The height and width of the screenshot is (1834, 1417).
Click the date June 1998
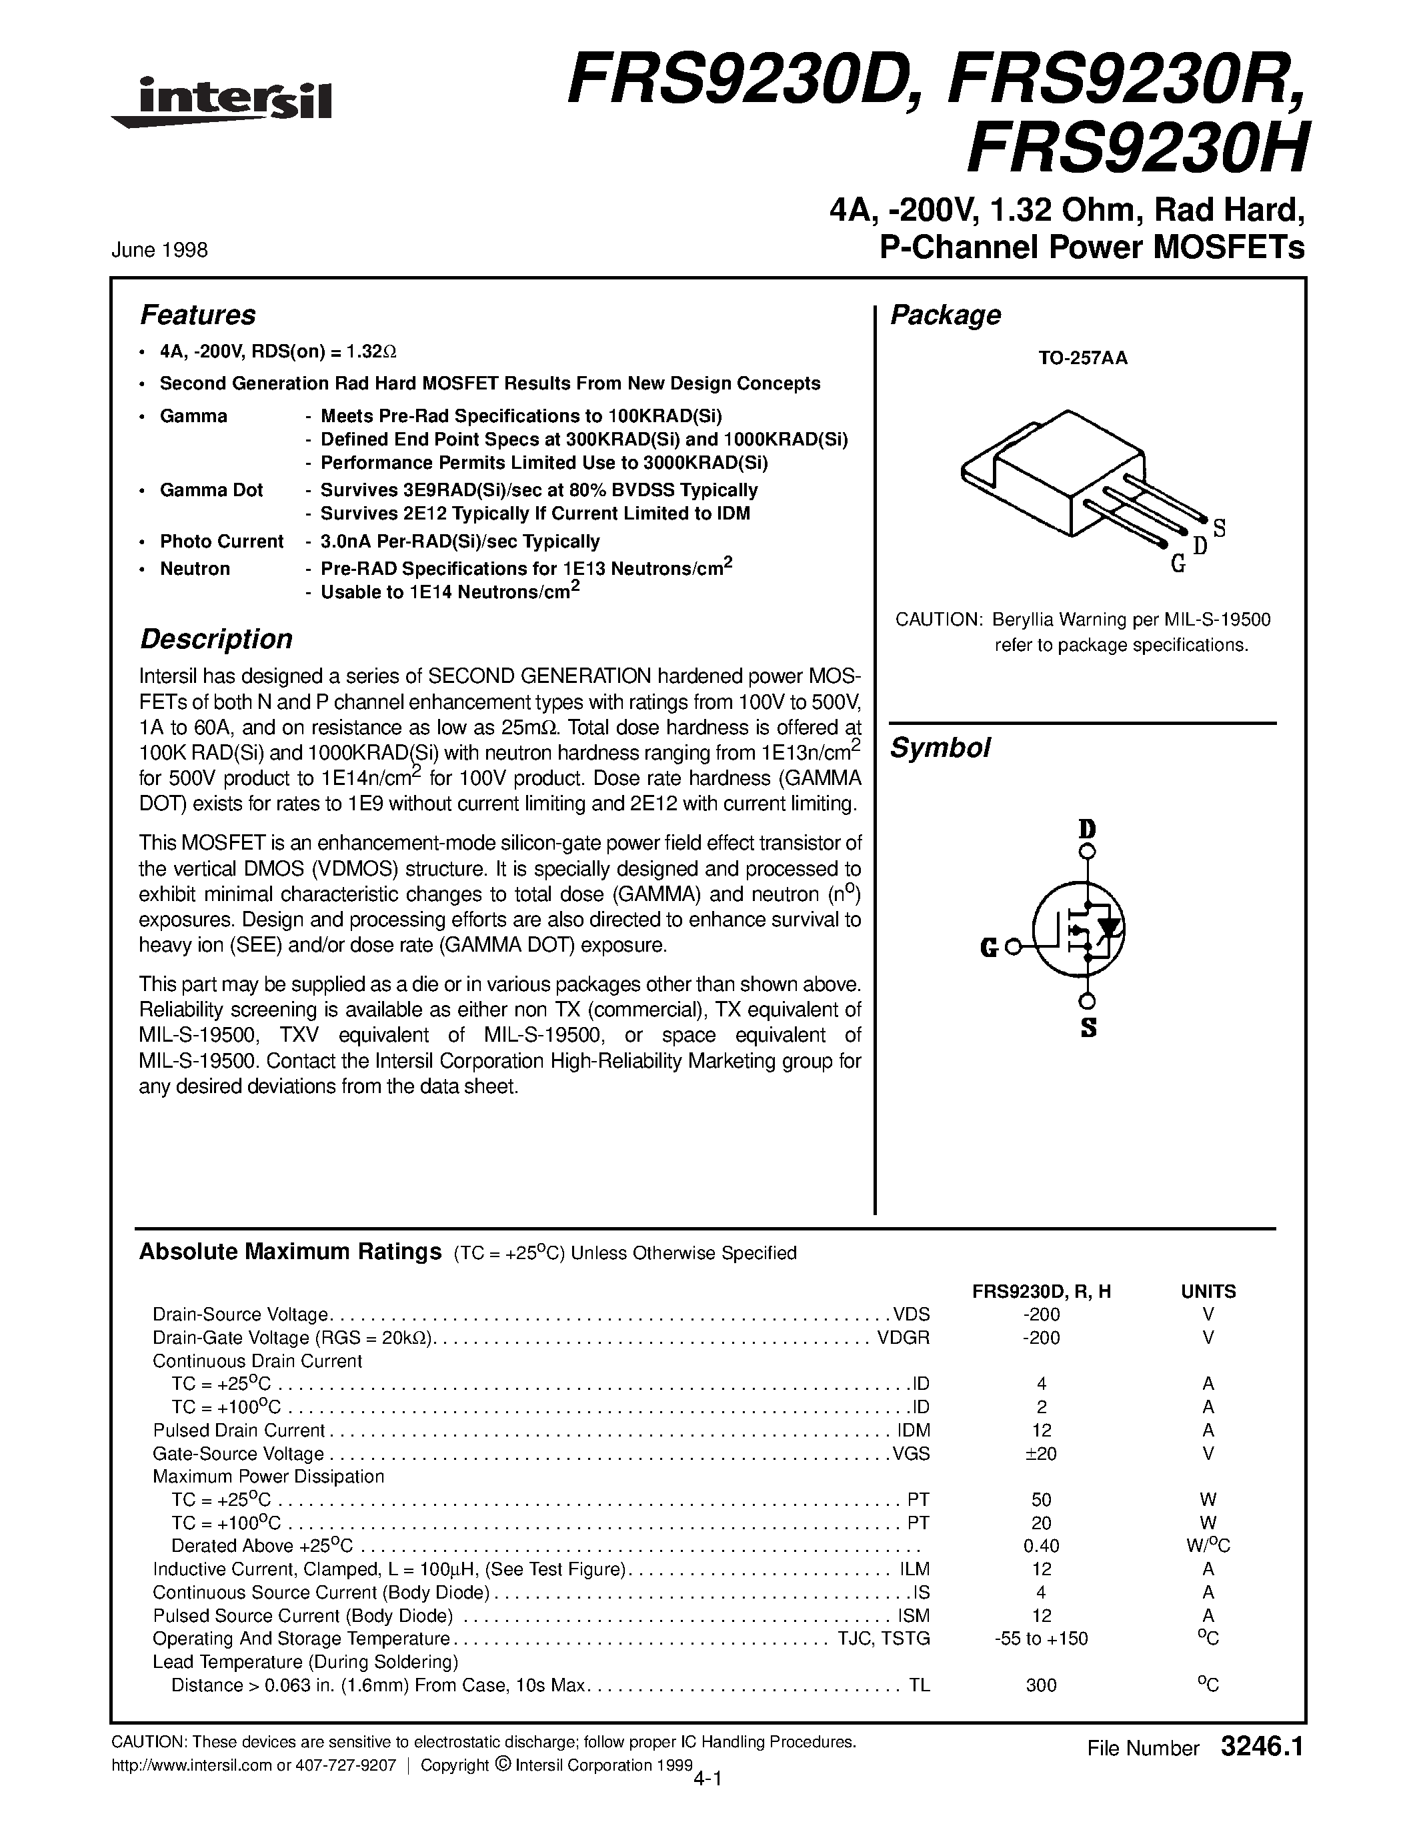click(x=159, y=250)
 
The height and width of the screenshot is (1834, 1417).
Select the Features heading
click(x=197, y=315)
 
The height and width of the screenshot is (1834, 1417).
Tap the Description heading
click(x=216, y=639)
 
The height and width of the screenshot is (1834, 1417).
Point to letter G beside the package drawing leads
click(x=1178, y=565)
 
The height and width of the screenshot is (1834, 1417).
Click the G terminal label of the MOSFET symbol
click(x=989, y=949)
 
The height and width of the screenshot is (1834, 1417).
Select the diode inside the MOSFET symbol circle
click(x=1111, y=928)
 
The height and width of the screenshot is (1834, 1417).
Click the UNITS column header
click(x=1208, y=1292)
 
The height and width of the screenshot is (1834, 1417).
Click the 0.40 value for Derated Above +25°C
click(x=1041, y=1546)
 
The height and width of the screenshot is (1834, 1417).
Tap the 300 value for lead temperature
click(x=1041, y=1685)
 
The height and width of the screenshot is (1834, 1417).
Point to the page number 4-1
click(x=708, y=1778)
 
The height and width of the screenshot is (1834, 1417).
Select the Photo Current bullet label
click(x=221, y=542)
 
